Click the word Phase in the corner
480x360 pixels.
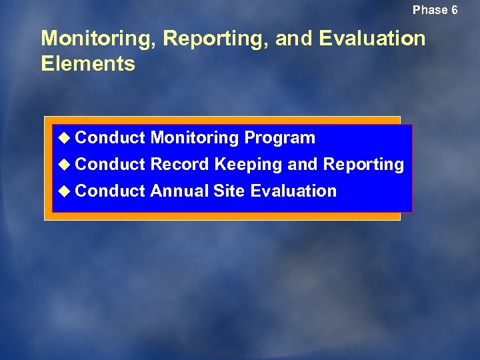tap(430, 10)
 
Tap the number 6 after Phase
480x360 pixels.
tap(454, 10)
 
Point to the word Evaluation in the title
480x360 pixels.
tap(372, 39)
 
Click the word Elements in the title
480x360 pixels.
tap(88, 64)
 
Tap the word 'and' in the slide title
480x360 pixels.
tap(294, 39)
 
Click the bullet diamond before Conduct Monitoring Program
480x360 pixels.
tap(64, 138)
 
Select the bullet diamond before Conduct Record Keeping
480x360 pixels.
tap(64, 165)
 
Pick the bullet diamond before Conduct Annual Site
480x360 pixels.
tap(64, 191)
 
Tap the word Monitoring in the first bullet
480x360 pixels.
tap(195, 139)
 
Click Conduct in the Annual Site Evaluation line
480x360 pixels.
tap(110, 191)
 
